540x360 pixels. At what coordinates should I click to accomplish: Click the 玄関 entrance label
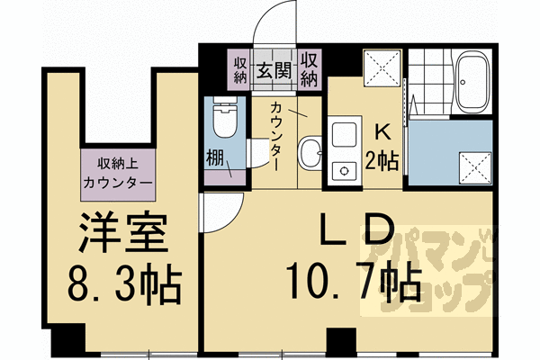274,70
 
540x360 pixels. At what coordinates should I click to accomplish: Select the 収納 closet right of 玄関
310,70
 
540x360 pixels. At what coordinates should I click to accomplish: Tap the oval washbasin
309,151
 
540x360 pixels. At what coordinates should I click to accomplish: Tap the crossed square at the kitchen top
380,68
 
